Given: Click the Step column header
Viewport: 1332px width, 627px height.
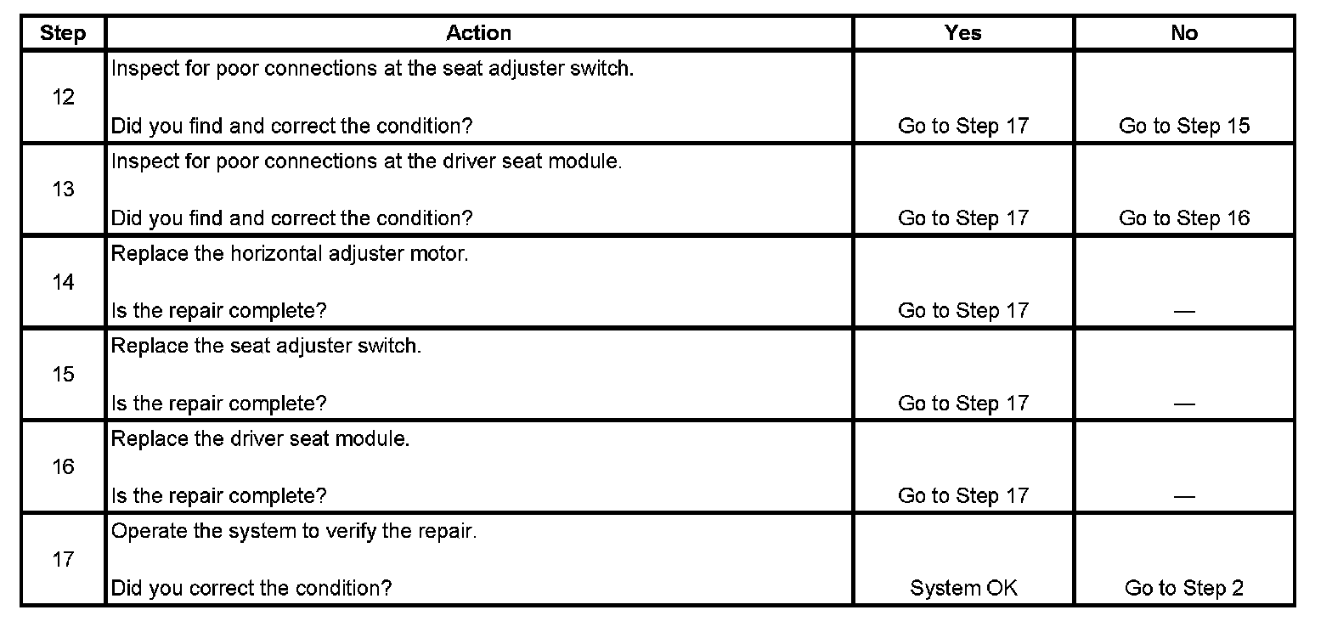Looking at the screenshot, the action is point(63,33).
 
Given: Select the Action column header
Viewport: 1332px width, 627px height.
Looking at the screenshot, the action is point(478,33).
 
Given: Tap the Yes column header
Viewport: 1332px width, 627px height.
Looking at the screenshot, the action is point(962,33).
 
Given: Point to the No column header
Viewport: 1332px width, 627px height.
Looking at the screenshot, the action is point(1183,33).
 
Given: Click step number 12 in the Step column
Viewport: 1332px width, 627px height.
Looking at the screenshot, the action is point(63,97).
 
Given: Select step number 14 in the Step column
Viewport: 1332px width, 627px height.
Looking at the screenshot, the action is point(63,282).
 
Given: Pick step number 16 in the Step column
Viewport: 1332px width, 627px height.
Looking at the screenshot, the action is point(63,466).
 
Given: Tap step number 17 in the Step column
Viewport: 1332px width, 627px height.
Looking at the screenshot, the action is point(63,559).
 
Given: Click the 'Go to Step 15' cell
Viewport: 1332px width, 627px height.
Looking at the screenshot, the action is point(1184,126).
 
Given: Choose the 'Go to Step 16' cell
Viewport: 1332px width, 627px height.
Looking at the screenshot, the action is point(1184,218).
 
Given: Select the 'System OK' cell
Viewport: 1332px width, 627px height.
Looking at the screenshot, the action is point(963,588).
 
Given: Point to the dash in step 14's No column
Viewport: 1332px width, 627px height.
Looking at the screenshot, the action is point(1184,312).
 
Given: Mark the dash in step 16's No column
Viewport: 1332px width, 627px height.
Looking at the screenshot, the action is point(1184,497).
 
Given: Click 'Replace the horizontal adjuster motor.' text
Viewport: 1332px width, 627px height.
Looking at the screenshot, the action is point(290,254).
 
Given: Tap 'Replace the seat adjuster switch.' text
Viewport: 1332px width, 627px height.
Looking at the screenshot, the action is point(266,347).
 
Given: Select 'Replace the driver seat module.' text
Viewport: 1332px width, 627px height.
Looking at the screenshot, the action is point(260,439).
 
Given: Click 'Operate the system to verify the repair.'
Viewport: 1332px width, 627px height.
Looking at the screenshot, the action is point(294,532).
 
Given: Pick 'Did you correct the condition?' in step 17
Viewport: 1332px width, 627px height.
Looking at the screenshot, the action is point(251,588).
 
